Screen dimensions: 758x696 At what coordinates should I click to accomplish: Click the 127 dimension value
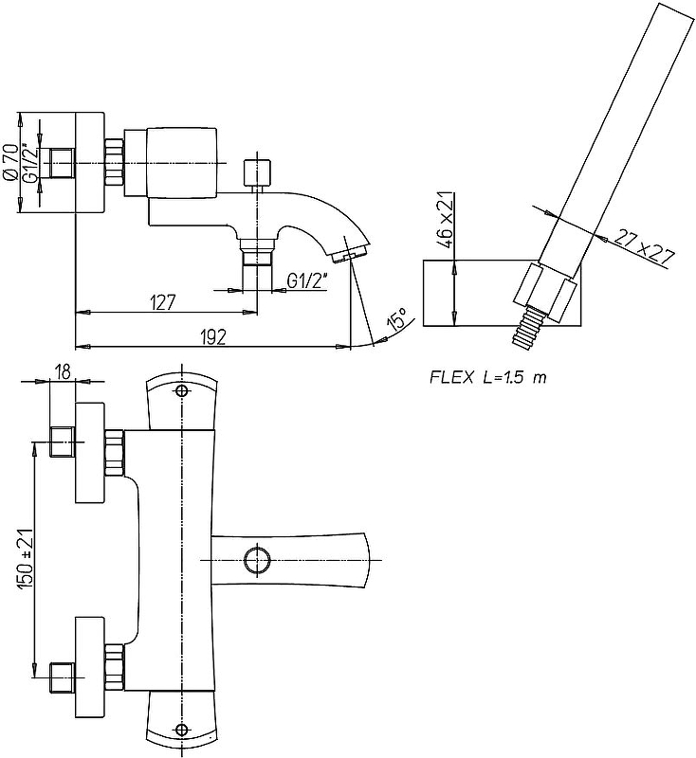point(163,302)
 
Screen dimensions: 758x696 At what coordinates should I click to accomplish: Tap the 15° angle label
point(396,320)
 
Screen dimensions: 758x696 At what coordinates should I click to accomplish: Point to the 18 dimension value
point(64,371)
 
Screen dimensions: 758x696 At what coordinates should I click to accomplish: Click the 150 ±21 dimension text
point(26,560)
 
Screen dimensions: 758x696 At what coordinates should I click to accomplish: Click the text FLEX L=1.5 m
point(488,377)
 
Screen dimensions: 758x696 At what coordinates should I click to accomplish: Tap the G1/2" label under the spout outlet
point(305,280)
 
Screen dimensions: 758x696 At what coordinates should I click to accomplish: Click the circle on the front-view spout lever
point(255,560)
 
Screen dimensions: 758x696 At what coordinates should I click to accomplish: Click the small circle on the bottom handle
point(182,731)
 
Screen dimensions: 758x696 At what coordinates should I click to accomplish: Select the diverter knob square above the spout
point(257,172)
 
